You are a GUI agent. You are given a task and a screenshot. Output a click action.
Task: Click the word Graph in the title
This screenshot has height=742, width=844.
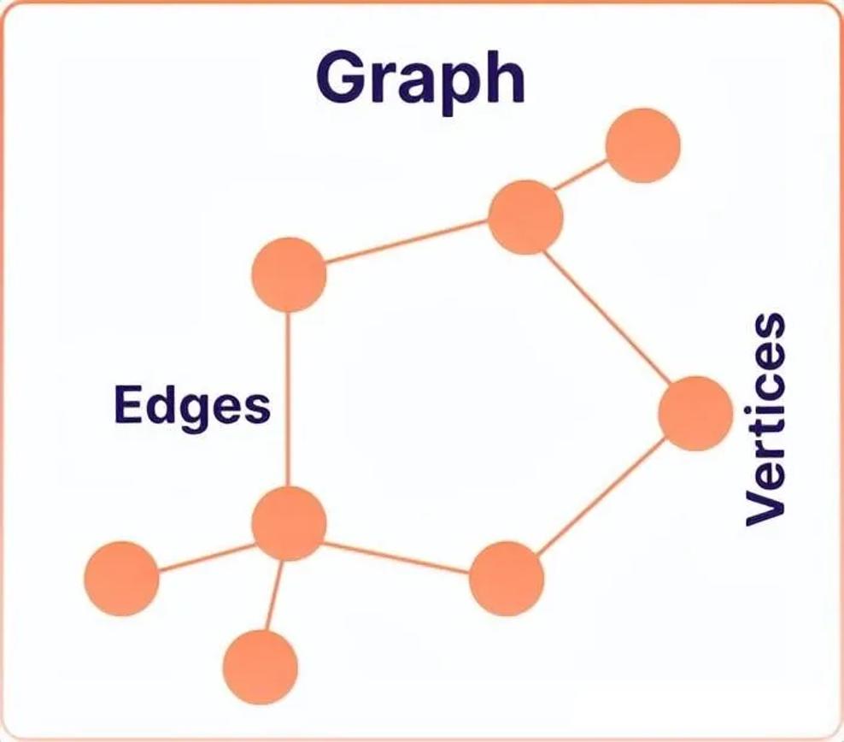tap(420, 81)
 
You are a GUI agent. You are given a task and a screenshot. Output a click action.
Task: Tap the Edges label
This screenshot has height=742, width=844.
tap(192, 407)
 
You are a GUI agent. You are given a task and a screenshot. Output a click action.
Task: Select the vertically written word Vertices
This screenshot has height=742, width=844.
tap(765, 419)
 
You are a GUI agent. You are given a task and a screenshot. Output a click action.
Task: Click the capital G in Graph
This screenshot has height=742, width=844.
tap(342, 77)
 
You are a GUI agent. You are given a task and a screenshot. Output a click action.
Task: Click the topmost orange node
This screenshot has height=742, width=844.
tap(642, 145)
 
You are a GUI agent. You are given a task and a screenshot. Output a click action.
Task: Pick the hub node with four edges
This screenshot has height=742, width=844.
tap(289, 523)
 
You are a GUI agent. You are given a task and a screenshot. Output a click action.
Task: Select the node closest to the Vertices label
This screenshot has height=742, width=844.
tap(695, 414)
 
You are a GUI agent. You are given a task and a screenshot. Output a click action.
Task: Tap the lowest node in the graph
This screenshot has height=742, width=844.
tap(261, 668)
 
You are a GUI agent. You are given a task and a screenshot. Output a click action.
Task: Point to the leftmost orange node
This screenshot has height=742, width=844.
tap(121, 579)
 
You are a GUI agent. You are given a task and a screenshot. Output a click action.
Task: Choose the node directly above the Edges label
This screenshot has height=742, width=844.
tap(289, 274)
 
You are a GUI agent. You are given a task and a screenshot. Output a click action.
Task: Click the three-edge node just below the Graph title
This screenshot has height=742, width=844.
tap(525, 217)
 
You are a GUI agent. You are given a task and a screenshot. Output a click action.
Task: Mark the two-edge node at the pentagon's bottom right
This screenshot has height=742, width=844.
tap(506, 579)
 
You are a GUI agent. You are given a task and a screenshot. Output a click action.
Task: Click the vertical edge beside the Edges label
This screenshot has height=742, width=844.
tap(289, 399)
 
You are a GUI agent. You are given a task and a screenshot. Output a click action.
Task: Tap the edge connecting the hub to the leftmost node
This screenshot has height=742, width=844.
tap(206, 556)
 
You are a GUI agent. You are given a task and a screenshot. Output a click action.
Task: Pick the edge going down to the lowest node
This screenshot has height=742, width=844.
tap(275, 596)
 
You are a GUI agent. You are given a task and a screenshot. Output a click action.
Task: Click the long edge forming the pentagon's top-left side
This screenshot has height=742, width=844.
tap(407, 242)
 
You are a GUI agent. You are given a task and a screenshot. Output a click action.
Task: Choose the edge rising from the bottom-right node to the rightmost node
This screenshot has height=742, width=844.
tap(601, 496)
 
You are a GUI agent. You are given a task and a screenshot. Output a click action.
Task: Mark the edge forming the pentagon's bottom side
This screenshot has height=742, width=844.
tap(397, 557)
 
